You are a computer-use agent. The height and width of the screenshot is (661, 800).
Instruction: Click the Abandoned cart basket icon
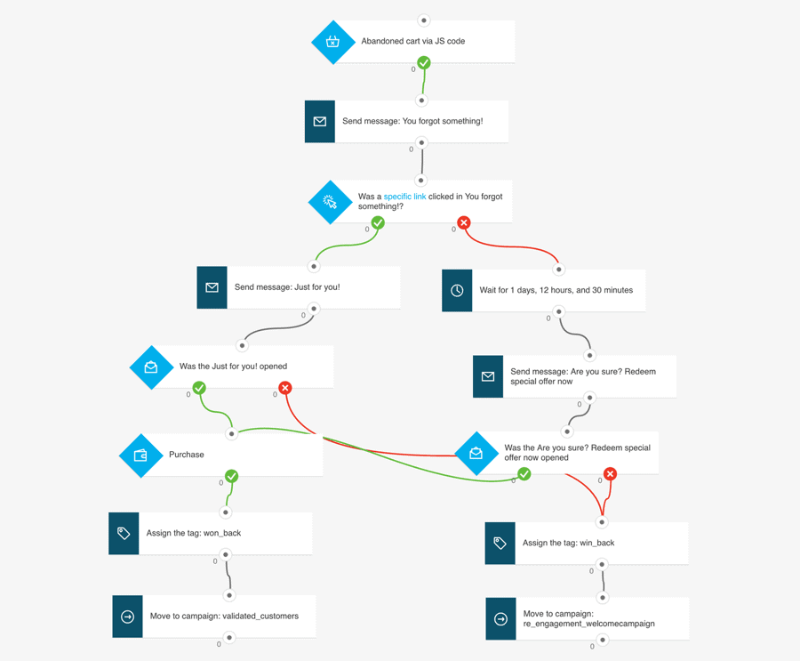[x=332, y=42]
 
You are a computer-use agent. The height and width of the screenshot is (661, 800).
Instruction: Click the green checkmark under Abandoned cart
[x=424, y=62]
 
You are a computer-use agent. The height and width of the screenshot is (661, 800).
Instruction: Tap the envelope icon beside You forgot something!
[x=320, y=121]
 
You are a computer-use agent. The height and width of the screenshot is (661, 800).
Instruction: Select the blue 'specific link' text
[x=404, y=197]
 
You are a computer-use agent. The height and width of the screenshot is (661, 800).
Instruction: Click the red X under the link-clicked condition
[x=463, y=222]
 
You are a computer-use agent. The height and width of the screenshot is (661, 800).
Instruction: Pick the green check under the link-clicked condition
[x=378, y=222]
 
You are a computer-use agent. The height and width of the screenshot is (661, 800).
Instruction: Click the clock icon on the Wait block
[x=457, y=290]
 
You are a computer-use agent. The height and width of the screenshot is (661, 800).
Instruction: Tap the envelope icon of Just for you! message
[x=212, y=287]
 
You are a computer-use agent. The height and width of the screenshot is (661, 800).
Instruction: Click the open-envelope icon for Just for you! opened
[x=151, y=367]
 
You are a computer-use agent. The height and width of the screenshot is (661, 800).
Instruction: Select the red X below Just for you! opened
[x=284, y=388]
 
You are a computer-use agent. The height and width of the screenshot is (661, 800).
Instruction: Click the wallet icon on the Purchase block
[x=140, y=455]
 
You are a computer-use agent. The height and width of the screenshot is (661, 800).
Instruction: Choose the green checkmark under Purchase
[x=231, y=476]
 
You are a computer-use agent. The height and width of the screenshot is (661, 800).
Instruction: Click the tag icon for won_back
[x=124, y=533]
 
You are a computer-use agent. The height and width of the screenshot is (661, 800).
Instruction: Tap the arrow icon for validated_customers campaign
[x=127, y=617]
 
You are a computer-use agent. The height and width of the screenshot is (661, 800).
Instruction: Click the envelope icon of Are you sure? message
[x=488, y=376]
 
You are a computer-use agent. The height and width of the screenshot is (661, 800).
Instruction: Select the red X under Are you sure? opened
[x=610, y=474]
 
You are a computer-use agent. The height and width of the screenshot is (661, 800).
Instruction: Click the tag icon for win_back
[x=500, y=543]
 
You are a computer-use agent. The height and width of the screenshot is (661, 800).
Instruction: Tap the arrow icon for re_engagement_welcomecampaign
[x=500, y=619]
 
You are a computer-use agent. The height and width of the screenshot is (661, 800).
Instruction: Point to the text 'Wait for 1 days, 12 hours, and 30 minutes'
[x=556, y=290]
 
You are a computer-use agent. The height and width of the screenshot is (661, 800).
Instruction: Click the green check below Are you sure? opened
[x=524, y=474]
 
